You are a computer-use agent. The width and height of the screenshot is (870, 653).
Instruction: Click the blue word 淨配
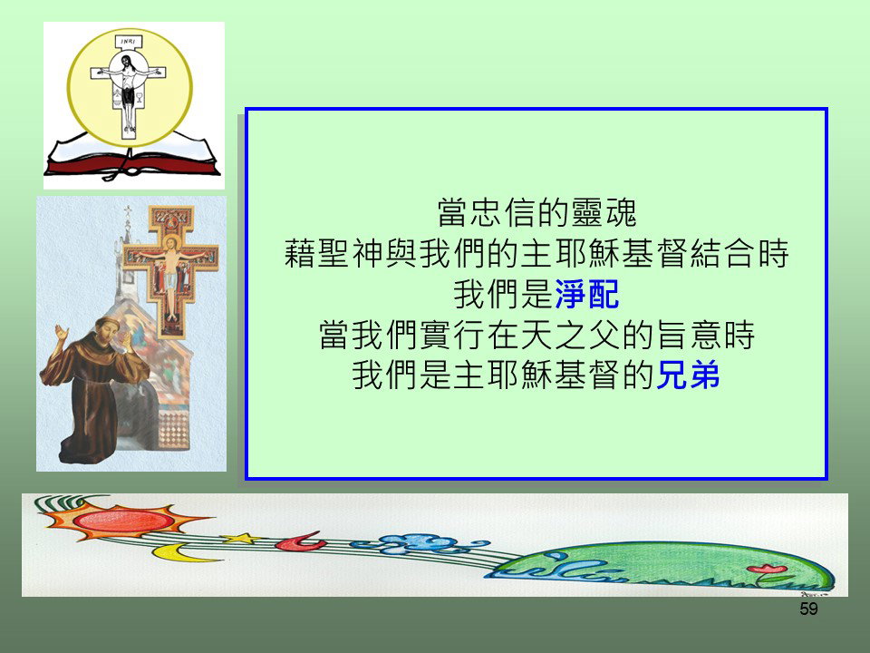point(586,294)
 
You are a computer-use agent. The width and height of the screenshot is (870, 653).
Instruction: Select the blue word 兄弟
point(688,375)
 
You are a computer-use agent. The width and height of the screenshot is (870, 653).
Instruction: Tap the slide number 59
point(808,609)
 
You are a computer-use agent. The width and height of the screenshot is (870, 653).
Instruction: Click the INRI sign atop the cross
point(128,41)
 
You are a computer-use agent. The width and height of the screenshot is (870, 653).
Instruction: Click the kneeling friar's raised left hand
point(61,335)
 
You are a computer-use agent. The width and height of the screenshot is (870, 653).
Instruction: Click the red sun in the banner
point(123,521)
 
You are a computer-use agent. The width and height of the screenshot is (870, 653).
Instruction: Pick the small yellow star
point(241,538)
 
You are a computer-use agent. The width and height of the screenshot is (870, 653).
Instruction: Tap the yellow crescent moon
point(177,552)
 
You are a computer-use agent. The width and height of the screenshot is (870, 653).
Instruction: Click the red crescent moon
point(300,541)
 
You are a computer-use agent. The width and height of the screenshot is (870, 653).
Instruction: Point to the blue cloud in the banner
point(421,543)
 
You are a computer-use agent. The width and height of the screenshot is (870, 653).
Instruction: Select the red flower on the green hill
point(767,569)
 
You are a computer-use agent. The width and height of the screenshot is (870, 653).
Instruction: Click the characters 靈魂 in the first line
point(604,212)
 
